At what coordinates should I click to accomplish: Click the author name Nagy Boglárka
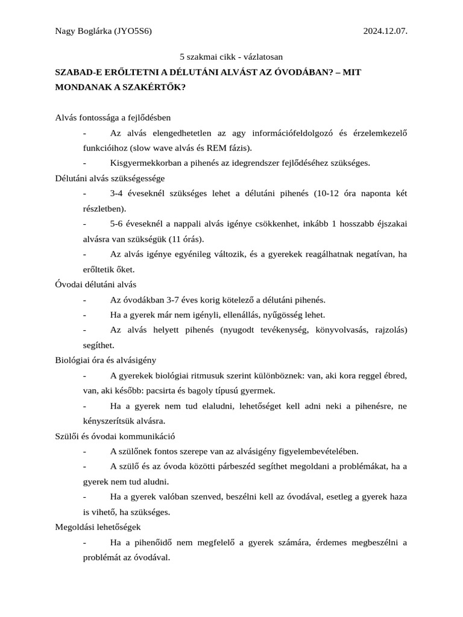83,31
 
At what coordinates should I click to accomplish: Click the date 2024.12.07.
385,31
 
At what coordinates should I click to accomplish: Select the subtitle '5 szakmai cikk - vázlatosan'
231,57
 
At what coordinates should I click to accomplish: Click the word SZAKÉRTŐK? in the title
156,87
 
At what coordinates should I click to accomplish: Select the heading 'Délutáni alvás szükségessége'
110,178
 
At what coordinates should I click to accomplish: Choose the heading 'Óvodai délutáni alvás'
96,284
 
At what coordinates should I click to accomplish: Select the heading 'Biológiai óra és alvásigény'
106,360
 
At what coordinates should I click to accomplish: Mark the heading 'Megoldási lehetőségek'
98,527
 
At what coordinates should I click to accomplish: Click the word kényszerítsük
109,421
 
